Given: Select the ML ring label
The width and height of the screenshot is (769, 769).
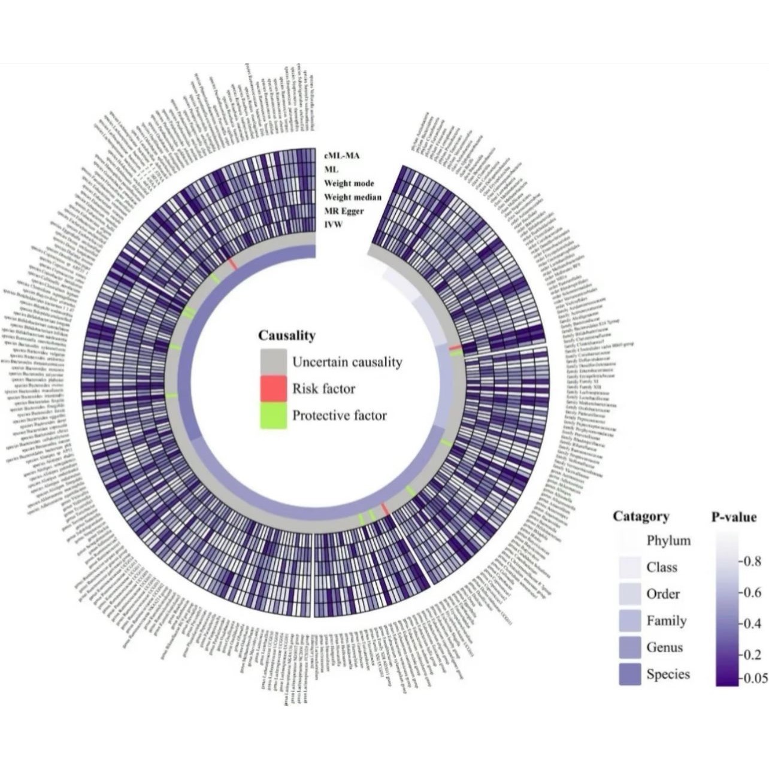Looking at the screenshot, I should pos(331,169).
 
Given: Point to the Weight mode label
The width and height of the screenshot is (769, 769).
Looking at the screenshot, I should pos(349,183).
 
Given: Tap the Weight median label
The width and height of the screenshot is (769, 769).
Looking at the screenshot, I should pos(353,197).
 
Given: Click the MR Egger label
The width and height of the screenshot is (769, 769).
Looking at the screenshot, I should pos(344,211).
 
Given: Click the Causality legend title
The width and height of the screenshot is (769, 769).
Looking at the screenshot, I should pos(287,335).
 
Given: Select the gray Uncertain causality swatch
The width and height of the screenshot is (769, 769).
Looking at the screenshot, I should pos(273,362).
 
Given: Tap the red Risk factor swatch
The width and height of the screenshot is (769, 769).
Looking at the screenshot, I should pos(273,389).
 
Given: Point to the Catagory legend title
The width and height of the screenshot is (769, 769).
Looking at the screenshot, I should pos(641,516).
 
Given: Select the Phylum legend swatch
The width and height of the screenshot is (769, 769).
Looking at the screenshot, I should pos(629,541).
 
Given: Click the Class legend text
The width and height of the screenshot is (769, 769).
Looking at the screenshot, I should pos(662,567).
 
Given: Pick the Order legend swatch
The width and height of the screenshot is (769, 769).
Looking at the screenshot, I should pos(629,594).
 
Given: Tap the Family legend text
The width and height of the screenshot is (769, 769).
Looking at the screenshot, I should pos(666,621).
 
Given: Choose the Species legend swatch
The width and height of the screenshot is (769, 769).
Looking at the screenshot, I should pos(629,674).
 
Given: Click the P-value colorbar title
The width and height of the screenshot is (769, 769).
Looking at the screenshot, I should pos(734,517).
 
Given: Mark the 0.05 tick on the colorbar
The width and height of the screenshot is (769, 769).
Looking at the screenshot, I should pos(754,679).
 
